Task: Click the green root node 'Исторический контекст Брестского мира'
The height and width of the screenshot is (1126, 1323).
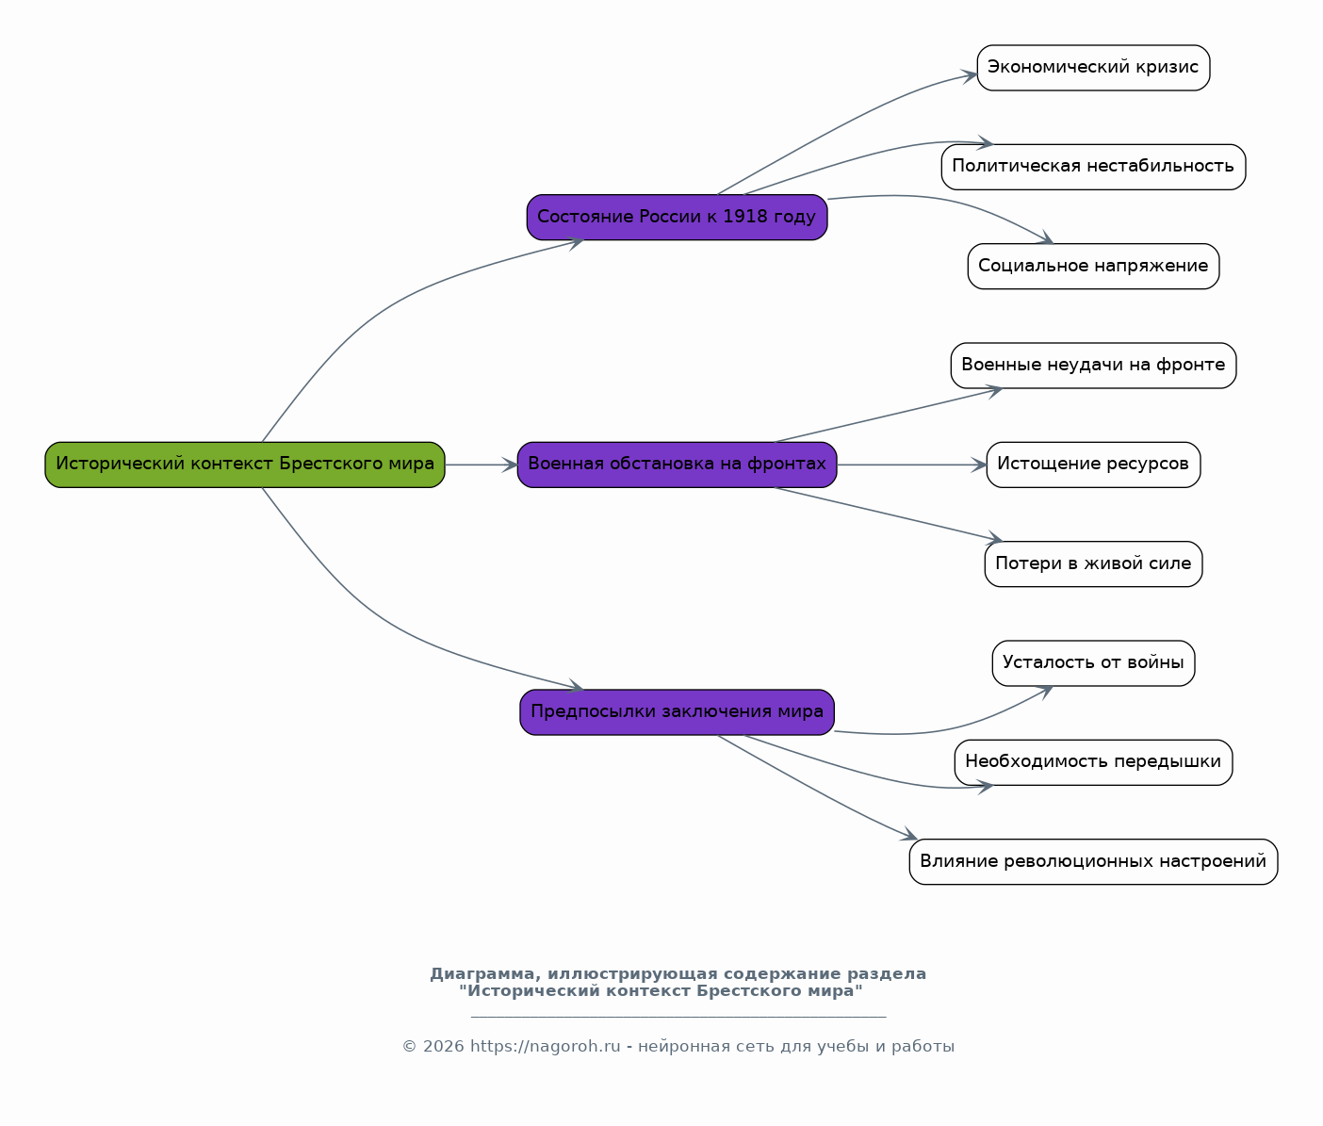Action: coord(244,465)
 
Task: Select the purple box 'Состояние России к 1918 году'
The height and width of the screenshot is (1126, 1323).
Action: coord(677,218)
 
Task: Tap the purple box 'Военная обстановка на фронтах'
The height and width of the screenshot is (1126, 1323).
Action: coord(677,465)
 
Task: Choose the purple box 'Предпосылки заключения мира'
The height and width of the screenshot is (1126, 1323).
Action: coord(677,712)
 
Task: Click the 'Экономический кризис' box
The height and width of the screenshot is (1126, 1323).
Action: coord(1093,68)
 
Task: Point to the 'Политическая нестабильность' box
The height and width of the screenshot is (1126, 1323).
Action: coord(1093,167)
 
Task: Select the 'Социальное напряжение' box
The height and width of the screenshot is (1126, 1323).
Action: coord(1093,267)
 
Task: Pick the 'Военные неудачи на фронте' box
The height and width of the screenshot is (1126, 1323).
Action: coord(1093,366)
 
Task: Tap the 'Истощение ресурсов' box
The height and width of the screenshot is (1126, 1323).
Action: coord(1093,465)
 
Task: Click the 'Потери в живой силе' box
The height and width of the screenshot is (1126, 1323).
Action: coord(1093,564)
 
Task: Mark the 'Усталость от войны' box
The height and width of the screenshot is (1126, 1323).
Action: coord(1093,663)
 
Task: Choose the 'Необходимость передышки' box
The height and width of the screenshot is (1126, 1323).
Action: coord(1093,762)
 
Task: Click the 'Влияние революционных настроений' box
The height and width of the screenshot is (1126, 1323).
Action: coord(1093,861)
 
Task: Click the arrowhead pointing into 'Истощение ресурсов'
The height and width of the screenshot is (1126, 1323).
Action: coord(979,465)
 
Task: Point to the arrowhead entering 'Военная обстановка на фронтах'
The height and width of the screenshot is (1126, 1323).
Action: coord(510,465)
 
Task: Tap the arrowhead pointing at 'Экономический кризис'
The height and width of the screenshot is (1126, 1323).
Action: coord(969,76)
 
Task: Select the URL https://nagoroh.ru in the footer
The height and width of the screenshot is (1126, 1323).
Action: coord(546,1047)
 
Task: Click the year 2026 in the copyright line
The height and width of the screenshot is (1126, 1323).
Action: coord(444,1047)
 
